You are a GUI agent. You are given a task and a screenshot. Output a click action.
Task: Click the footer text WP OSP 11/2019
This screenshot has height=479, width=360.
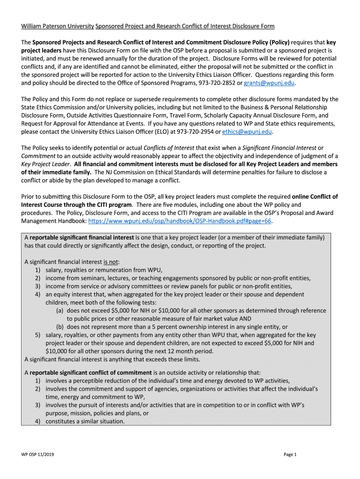(x=36, y=454)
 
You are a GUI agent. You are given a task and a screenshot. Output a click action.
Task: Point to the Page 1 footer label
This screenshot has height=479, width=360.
(x=290, y=454)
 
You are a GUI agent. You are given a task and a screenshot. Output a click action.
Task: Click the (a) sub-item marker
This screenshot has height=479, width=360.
(x=60, y=311)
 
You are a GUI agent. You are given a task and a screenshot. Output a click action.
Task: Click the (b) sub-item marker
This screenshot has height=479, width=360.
(x=60, y=327)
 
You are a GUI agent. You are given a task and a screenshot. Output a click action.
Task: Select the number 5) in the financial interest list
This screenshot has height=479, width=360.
(x=37, y=335)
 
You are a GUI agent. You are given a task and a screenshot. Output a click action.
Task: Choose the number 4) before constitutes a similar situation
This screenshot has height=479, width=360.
(x=37, y=421)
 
